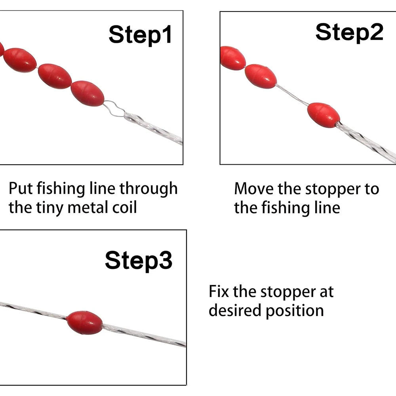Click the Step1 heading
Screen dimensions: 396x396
pos(140,35)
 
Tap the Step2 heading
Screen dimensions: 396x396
pos(349,32)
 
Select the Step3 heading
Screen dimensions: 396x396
pos(138,261)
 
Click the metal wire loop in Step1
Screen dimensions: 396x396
pos(114,109)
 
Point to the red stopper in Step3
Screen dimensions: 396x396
pos(85,322)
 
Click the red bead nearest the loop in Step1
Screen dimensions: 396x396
pos(88,93)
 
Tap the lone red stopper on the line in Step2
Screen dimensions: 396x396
pos(324,115)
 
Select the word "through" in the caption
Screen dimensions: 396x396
pos(148,189)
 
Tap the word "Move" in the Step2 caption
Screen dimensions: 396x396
pos(254,189)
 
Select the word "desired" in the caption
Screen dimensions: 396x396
pos(235,310)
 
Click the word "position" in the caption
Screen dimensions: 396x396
pos(295,311)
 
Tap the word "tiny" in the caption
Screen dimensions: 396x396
pos(50,208)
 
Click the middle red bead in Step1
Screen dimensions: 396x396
pos(55,76)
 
